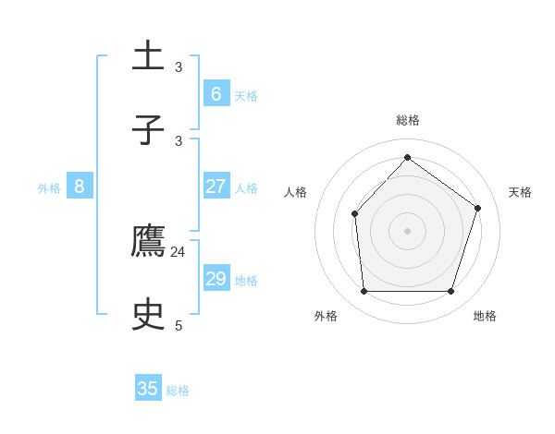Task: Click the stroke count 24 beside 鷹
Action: point(179,251)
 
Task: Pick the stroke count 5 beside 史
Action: point(179,325)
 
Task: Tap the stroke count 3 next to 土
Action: point(179,66)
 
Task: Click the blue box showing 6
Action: point(216,94)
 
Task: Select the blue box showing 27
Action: point(216,187)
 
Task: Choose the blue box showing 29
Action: point(216,279)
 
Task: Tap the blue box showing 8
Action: point(79,187)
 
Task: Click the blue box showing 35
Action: point(148,389)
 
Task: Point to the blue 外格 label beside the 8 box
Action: point(49,188)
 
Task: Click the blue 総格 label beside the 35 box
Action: point(178,391)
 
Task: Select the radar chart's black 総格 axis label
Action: point(408,120)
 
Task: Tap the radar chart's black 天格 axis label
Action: point(520,192)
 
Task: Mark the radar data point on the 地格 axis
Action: point(451,292)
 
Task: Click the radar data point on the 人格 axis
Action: point(355,213)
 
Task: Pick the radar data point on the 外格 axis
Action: point(364,292)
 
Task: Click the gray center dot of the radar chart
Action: point(407,231)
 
